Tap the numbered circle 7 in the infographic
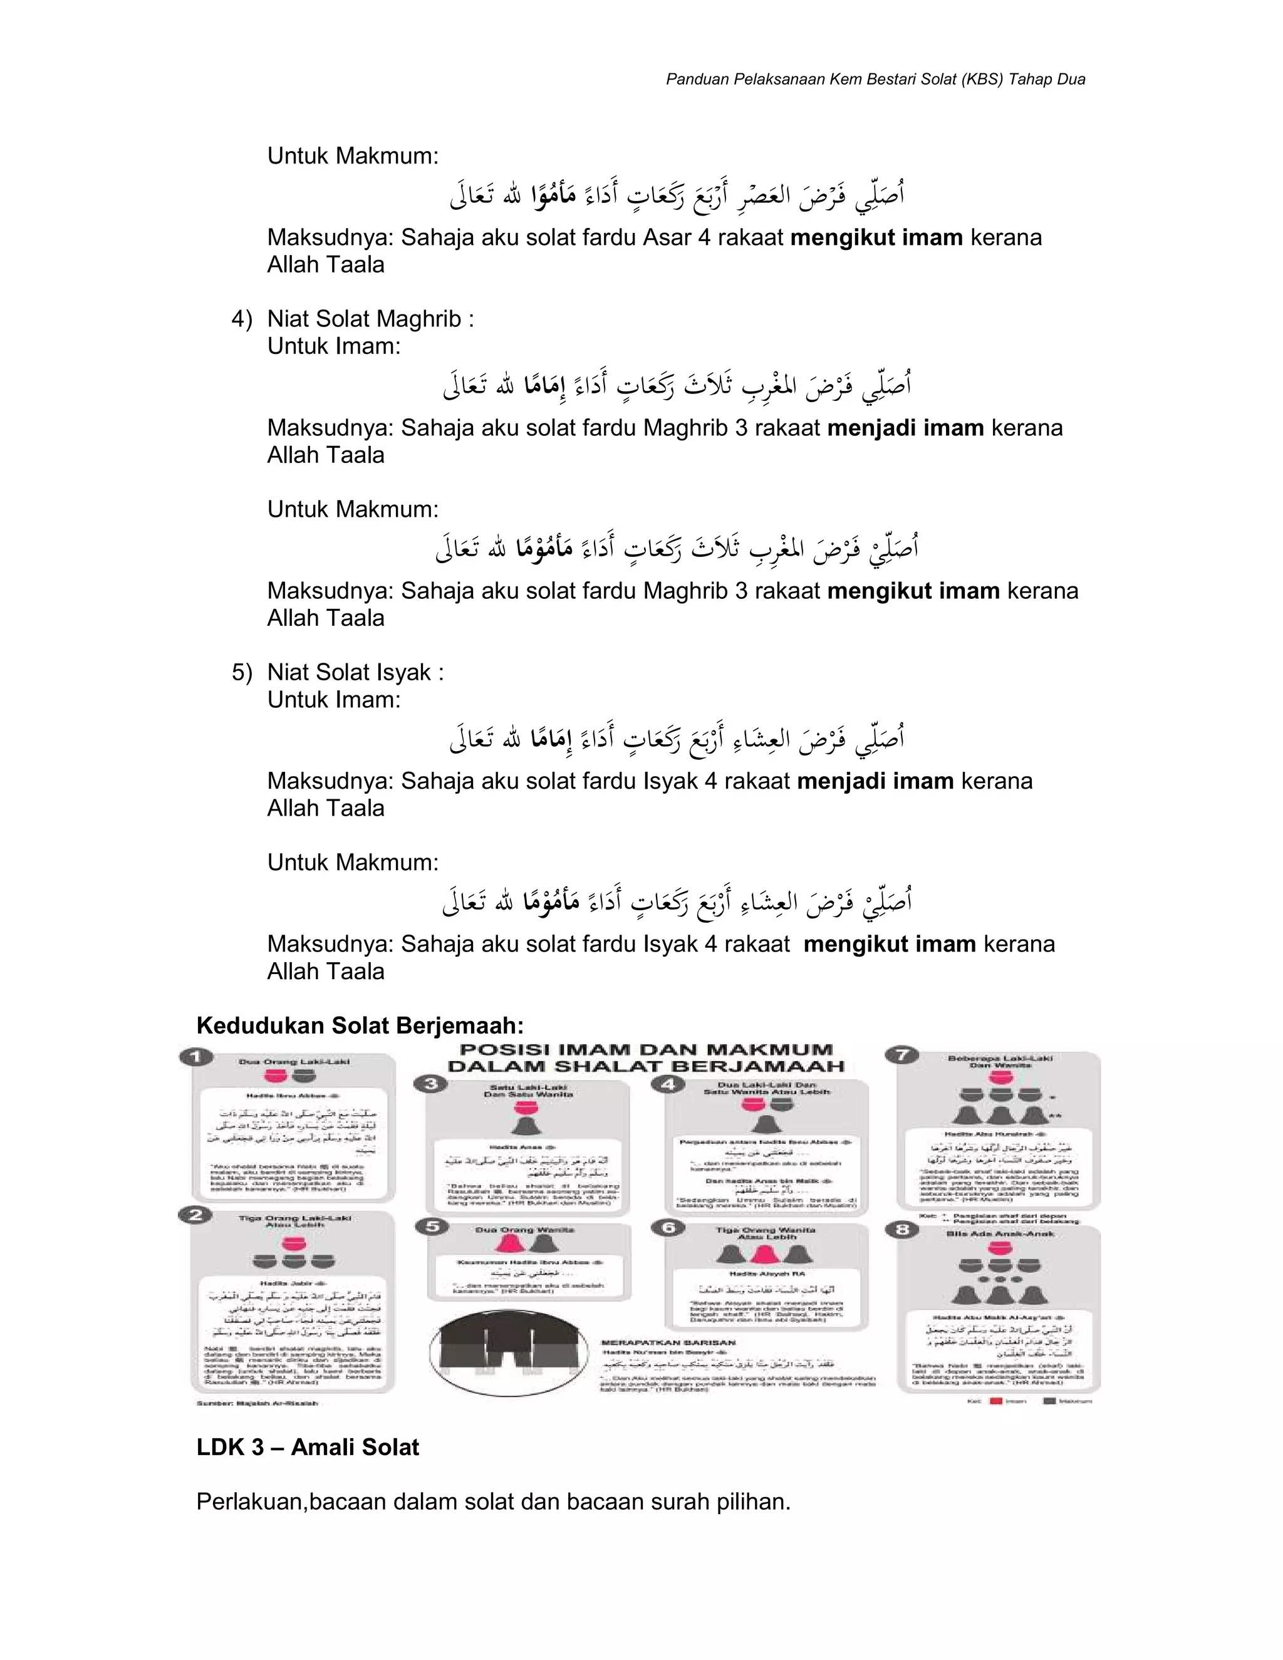(902, 1055)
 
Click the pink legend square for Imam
(997, 1401)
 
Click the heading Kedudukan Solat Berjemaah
(360, 1025)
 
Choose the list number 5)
(242, 673)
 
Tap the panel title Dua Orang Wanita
(524, 1230)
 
